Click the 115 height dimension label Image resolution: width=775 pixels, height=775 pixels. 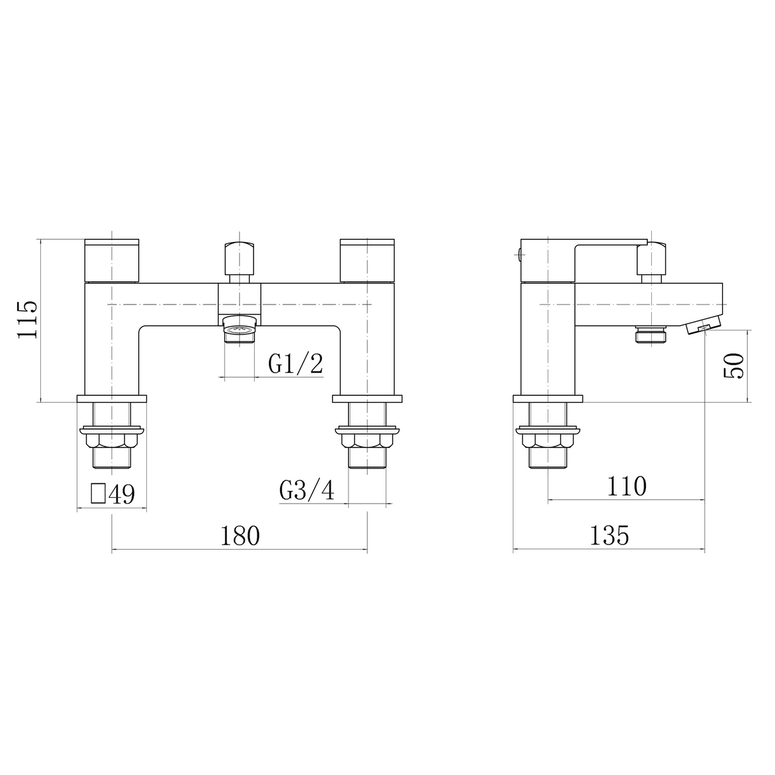click(29, 320)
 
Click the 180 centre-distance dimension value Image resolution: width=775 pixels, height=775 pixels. click(240, 536)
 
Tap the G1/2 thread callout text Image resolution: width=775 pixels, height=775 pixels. click(295, 365)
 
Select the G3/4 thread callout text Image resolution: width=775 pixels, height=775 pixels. click(306, 491)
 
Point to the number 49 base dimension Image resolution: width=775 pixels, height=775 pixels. click(122, 495)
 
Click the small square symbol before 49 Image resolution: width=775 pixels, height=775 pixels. click(98, 493)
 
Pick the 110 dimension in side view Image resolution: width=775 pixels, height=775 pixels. click(626, 486)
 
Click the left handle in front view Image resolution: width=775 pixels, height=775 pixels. click(112, 260)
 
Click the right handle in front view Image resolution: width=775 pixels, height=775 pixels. click(368, 260)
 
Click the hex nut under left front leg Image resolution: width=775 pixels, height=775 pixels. click(112, 440)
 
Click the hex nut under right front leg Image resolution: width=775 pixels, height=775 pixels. click(367, 440)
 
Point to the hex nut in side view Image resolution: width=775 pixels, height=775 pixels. click(548, 440)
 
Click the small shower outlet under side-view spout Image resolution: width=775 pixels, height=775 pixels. click(651, 335)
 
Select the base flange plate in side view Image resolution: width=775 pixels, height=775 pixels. click(548, 400)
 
